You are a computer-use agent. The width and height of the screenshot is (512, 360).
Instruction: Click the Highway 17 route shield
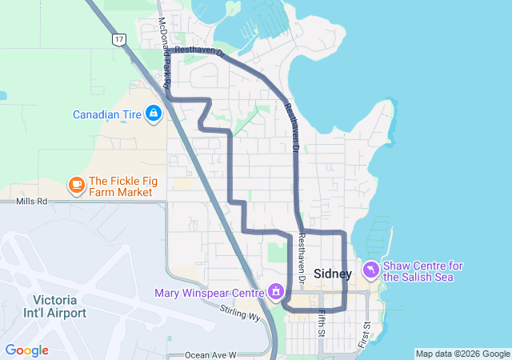pyautogui.click(x=119, y=38)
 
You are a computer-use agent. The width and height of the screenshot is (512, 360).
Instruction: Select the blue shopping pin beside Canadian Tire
pyautogui.click(x=153, y=114)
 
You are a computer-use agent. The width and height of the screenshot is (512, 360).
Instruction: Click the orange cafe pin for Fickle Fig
pyautogui.click(x=77, y=186)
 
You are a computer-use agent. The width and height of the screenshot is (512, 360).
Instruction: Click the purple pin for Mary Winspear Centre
pyautogui.click(x=276, y=292)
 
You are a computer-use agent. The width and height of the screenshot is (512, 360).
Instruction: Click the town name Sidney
pyautogui.click(x=332, y=274)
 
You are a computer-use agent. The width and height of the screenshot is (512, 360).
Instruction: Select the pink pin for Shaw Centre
pyautogui.click(x=372, y=270)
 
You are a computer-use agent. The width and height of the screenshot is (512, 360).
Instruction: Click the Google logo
pyautogui.click(x=26, y=350)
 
